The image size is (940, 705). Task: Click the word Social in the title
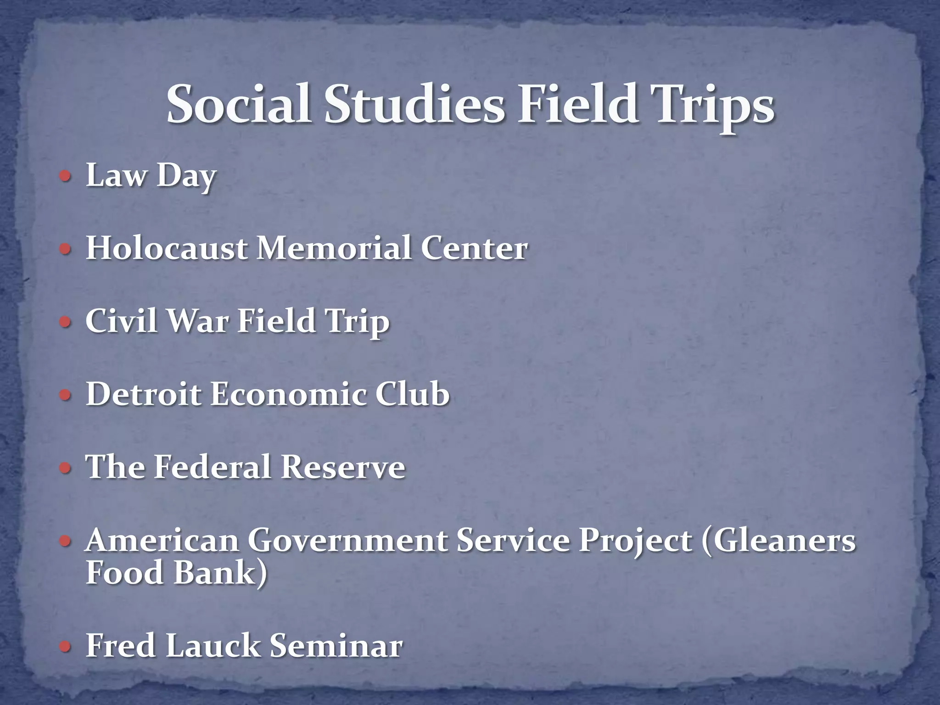point(239,105)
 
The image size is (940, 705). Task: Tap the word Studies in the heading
point(414,105)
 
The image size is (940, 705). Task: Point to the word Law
point(116,176)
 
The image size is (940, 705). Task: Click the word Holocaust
point(167,249)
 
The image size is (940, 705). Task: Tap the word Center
point(474,249)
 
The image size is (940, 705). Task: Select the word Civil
point(122,321)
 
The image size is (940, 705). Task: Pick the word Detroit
point(144,394)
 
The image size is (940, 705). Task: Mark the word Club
point(412,394)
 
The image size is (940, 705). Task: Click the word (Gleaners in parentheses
point(778,541)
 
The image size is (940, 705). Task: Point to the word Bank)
point(221,573)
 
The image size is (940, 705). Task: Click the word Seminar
point(336,646)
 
